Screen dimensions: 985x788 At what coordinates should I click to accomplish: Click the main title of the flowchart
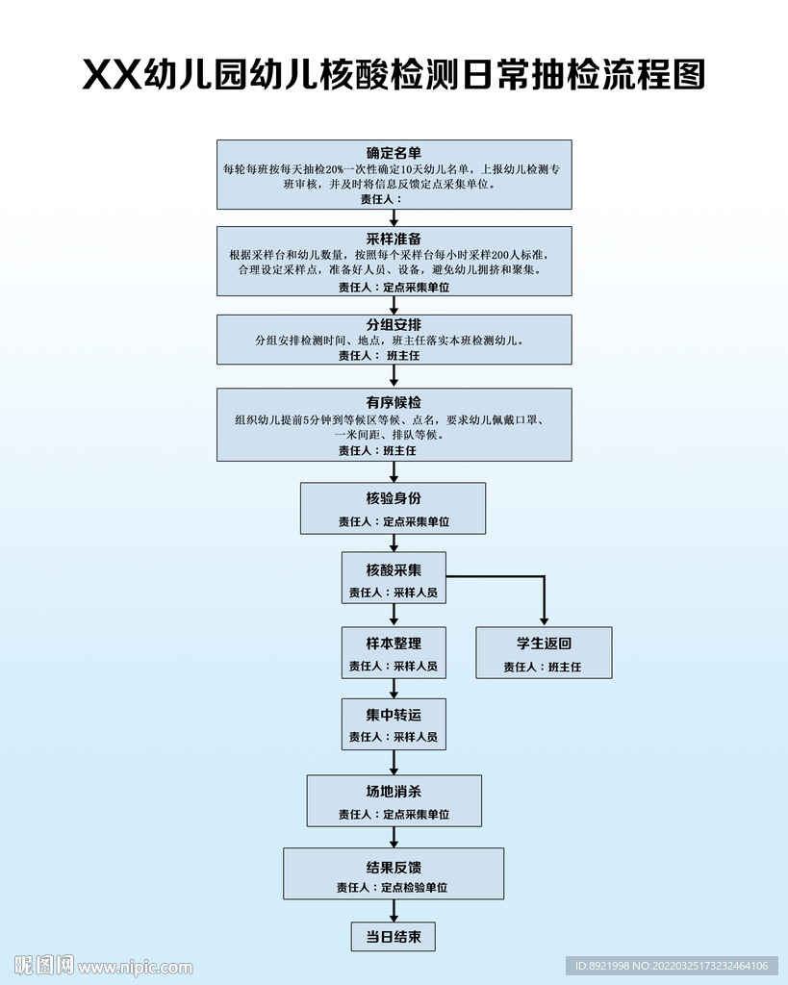coord(394,74)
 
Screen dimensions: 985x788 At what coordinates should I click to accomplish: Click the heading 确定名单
coord(394,152)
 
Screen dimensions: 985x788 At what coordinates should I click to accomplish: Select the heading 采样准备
coord(394,239)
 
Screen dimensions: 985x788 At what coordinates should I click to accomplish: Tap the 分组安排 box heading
coord(394,324)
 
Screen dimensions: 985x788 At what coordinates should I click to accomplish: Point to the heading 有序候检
coord(394,402)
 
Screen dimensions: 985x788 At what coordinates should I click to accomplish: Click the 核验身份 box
coord(394,508)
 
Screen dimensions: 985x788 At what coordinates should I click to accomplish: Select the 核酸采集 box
coord(394,577)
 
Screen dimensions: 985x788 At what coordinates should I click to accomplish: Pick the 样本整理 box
coord(394,652)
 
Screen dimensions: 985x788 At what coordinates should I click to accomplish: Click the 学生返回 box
coord(544,652)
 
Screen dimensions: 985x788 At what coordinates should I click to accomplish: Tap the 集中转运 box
coord(394,723)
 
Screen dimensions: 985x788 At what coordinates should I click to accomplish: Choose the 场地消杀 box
coord(394,800)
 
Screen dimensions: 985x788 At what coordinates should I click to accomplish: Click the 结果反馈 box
coord(394,873)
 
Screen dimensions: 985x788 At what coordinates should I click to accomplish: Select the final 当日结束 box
coord(394,936)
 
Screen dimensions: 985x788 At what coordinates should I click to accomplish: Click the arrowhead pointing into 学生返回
coord(544,620)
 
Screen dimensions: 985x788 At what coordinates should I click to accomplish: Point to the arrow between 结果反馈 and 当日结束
coord(394,911)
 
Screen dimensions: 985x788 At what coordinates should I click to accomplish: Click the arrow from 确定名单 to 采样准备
coord(394,217)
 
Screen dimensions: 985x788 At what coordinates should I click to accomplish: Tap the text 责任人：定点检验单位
coord(394,888)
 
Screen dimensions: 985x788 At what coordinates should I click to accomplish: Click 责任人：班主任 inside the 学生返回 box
coord(543,667)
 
